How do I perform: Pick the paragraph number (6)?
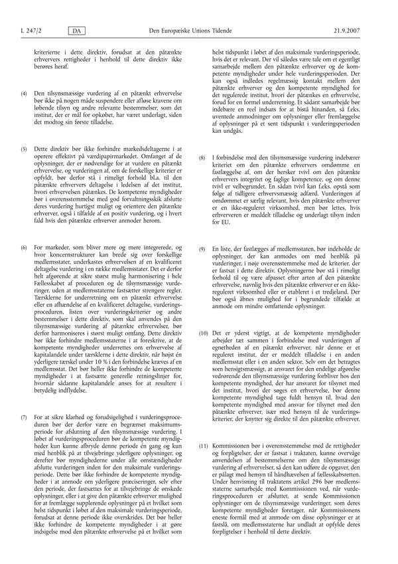24,248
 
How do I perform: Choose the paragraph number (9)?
203,248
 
